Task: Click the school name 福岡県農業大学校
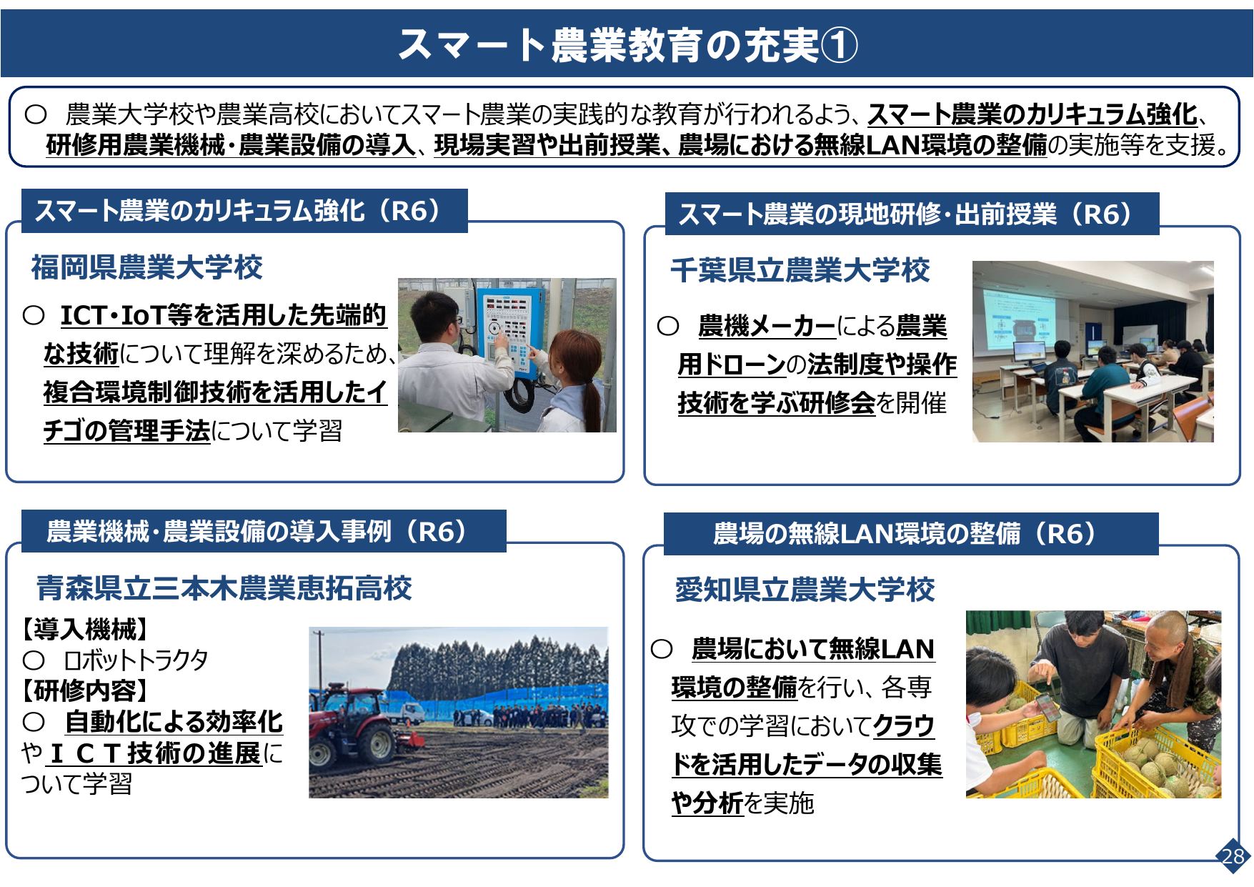click(146, 267)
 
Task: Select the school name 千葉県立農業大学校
click(800, 270)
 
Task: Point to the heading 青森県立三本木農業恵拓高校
click(224, 588)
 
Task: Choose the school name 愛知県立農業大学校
click(805, 590)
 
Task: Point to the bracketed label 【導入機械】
click(86, 630)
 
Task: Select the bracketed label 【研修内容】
click(86, 690)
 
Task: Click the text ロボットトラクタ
click(136, 660)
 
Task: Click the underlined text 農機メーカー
click(767, 327)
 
